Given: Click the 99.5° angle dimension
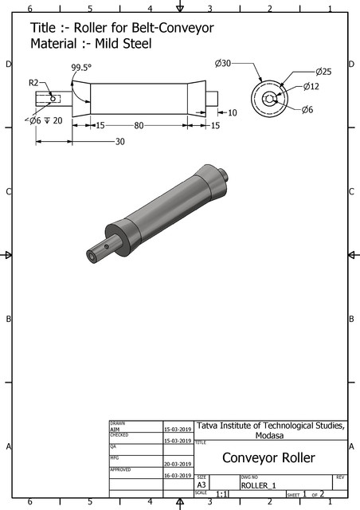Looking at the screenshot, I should pos(80,69).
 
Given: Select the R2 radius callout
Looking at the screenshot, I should pos(34,82).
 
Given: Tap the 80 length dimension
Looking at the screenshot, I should pos(139,125).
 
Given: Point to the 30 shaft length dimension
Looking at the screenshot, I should pos(119,142).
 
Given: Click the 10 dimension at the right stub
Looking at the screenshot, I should pos(232,113).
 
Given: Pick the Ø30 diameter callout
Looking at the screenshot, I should pos(223,63).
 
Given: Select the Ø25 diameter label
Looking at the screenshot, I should pos(323,72).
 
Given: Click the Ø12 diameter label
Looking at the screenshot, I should pos(311,86).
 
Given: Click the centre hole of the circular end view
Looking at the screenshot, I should pos(270,99).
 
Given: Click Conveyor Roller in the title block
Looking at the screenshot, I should pos(268,457).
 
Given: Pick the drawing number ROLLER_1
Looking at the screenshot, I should pos(258,484).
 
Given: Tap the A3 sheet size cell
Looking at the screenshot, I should pos(203,484).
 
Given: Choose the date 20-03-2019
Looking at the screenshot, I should pos(178,463).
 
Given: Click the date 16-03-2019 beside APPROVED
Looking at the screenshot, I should pos(178,475).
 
